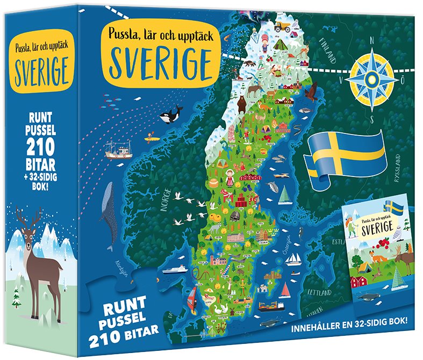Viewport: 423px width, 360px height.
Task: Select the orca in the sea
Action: (x=170, y=115)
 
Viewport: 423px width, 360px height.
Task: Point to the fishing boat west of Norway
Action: (x=118, y=151)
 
